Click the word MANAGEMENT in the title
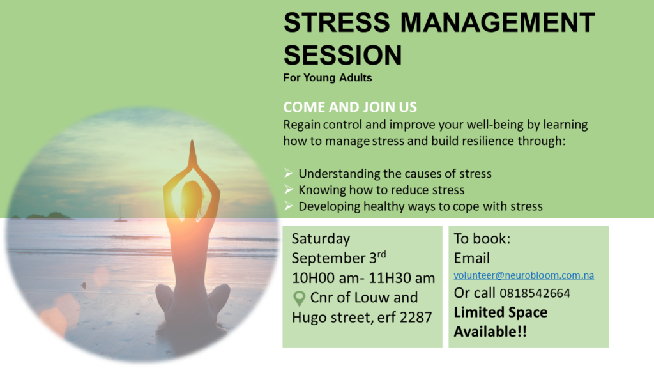tap(498, 24)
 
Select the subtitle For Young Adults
tap(328, 79)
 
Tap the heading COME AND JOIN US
tap(350, 107)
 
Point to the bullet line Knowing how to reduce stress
tap(381, 190)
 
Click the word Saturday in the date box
tap(321, 239)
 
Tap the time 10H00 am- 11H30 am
tap(363, 278)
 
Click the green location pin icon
tap(298, 298)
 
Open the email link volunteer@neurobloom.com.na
tap(524, 276)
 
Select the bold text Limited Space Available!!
tap(500, 322)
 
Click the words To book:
tap(482, 239)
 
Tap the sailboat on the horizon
tap(119, 215)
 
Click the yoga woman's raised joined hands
tap(191, 151)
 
